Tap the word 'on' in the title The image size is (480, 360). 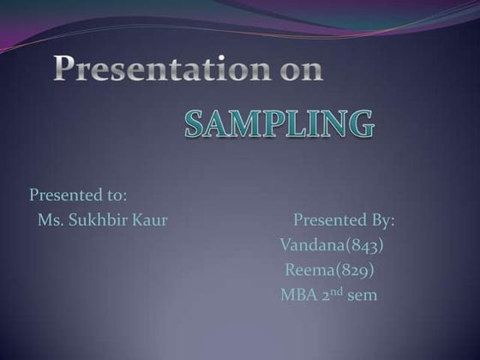point(301,69)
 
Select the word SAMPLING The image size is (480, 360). point(279,124)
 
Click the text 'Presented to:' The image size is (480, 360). point(78,195)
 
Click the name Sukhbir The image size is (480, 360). point(95,221)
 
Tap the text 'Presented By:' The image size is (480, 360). point(344,220)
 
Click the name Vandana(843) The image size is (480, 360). point(332,246)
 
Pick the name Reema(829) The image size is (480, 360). point(329,271)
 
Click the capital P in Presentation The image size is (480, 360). point(66,69)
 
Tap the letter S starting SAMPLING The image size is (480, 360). point(195,125)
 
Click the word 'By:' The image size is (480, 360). point(381,221)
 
